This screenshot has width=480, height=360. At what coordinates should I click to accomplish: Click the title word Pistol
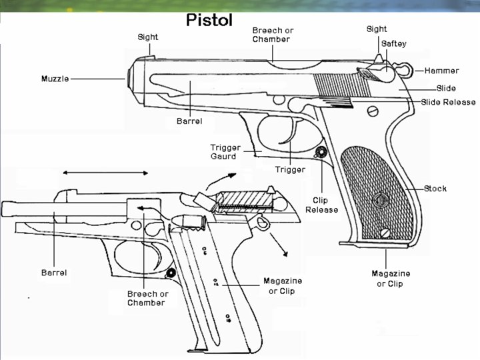[x=209, y=20]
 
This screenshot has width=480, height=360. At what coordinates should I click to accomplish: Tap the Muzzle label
[x=55, y=79]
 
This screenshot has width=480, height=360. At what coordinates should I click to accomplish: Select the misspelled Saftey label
[x=393, y=43]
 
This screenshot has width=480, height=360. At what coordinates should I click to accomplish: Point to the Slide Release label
[x=448, y=102]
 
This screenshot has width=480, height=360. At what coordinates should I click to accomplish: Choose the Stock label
[x=435, y=189]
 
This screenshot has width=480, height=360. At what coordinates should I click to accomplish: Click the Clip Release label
[x=321, y=205]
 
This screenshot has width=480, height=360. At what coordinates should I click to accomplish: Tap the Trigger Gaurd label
[x=223, y=152]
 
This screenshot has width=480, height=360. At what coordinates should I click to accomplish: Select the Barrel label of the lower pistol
[x=54, y=273]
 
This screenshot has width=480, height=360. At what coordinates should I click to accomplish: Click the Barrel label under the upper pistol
[x=189, y=122]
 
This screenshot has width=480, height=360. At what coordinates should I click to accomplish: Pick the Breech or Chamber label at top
[x=273, y=35]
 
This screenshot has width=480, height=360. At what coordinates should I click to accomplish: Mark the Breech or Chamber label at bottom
[x=147, y=298]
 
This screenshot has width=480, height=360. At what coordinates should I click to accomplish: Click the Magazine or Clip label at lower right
[x=391, y=279]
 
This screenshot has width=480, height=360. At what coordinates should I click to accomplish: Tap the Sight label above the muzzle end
[x=148, y=37]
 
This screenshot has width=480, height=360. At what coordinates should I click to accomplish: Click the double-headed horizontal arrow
[x=105, y=173]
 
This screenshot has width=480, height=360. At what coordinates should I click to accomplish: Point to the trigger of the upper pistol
[x=288, y=133]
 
